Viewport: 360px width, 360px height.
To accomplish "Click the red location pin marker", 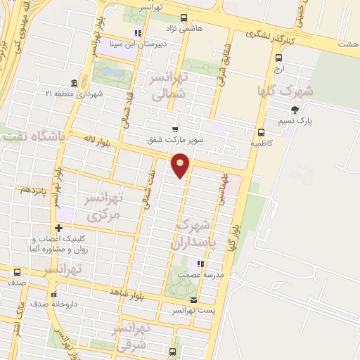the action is (x=181, y=165).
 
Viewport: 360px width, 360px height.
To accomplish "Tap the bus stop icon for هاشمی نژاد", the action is (x=184, y=18).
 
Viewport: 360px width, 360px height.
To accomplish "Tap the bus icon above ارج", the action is (x=279, y=58).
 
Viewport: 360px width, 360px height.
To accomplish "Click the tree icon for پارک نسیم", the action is (x=295, y=109).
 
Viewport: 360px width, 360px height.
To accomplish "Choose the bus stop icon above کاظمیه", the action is (x=261, y=131).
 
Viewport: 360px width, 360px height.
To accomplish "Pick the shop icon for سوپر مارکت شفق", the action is (x=175, y=129).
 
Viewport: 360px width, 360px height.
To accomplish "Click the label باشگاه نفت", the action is (x=31, y=137).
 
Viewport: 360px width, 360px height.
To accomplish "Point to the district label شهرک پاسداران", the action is (x=195, y=235).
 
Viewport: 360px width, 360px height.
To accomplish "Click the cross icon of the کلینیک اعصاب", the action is (x=59, y=228).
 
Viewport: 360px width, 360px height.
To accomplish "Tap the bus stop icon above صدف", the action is (x=17, y=272).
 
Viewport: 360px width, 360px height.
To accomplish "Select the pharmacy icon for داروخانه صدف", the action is (x=53, y=295).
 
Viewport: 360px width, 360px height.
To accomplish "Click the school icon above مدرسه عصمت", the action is (x=200, y=264).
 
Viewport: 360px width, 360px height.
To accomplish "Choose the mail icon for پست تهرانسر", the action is (x=174, y=300).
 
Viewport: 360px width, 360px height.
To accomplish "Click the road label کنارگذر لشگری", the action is (x=271, y=33).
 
